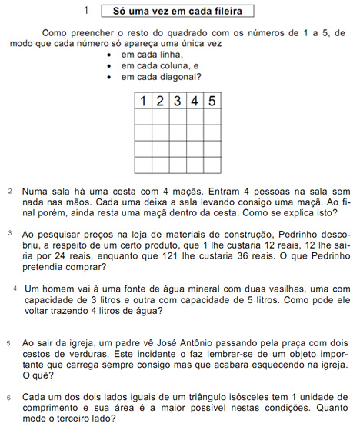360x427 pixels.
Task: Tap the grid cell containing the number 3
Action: [177, 101]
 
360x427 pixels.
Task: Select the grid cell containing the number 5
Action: [211, 101]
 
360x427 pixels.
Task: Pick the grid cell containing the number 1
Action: [142, 101]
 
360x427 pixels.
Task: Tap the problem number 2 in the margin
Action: [10, 190]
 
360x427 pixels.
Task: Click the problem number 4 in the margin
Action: [16, 287]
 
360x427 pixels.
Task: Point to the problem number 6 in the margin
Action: [8, 398]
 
